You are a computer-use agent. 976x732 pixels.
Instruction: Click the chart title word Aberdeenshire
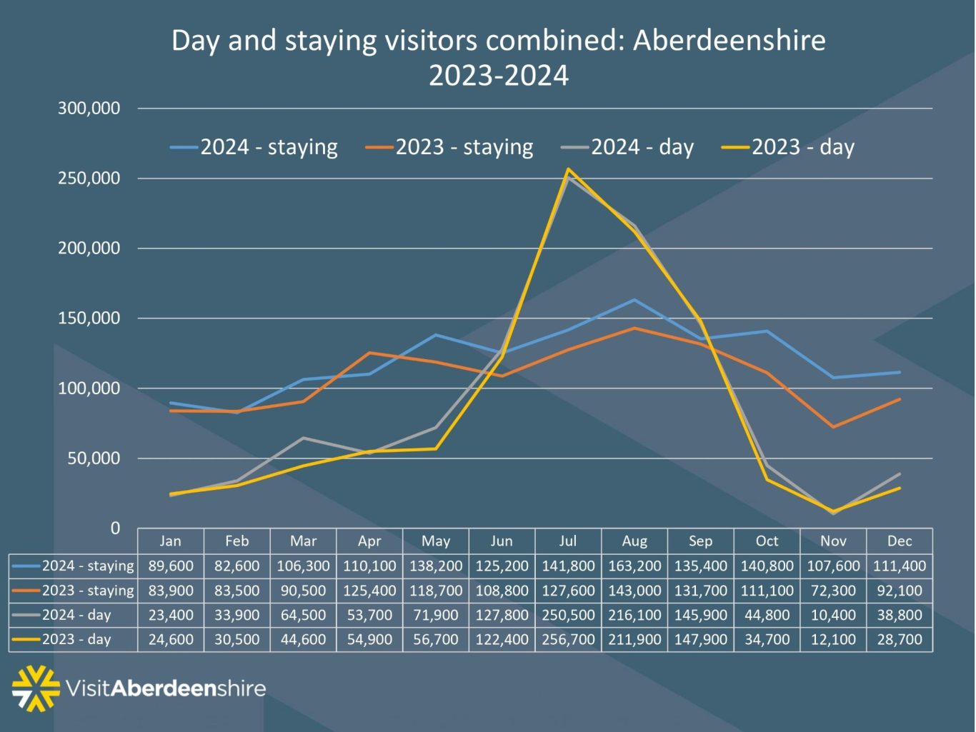(x=729, y=41)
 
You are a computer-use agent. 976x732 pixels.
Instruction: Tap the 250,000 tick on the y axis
(x=89, y=179)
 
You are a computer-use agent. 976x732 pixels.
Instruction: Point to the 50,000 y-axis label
(x=94, y=458)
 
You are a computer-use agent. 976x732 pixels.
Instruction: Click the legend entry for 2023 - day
(x=802, y=147)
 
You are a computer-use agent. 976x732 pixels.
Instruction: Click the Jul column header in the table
(x=568, y=541)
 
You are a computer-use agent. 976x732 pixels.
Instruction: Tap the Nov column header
(x=833, y=541)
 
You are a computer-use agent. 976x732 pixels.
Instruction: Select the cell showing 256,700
(x=568, y=639)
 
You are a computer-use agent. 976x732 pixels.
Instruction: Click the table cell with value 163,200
(x=634, y=566)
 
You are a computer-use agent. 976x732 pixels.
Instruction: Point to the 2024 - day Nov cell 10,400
(x=833, y=615)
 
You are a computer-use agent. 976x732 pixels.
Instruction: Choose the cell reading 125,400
(x=369, y=591)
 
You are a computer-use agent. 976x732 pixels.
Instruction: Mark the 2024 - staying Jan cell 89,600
(x=171, y=566)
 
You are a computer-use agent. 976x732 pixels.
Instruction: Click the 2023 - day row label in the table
(x=76, y=639)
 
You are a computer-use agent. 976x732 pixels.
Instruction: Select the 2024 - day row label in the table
(x=76, y=615)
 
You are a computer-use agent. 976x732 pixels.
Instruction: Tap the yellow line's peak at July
(x=568, y=169)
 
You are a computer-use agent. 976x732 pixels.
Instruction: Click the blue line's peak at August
(x=634, y=300)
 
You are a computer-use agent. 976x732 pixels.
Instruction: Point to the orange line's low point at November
(x=833, y=427)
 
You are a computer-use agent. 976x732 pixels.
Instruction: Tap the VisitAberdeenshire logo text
(x=166, y=688)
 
